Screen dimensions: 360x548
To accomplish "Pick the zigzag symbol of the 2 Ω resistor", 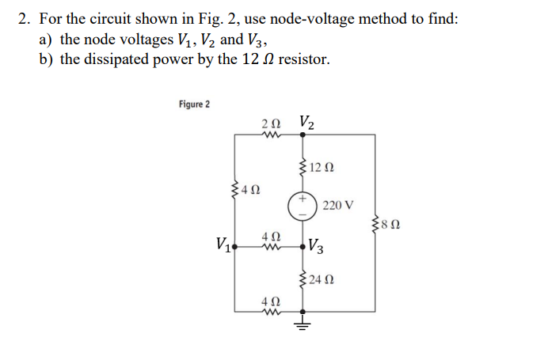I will click(269, 135).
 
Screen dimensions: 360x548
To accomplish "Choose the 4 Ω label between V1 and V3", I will click(269, 235).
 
